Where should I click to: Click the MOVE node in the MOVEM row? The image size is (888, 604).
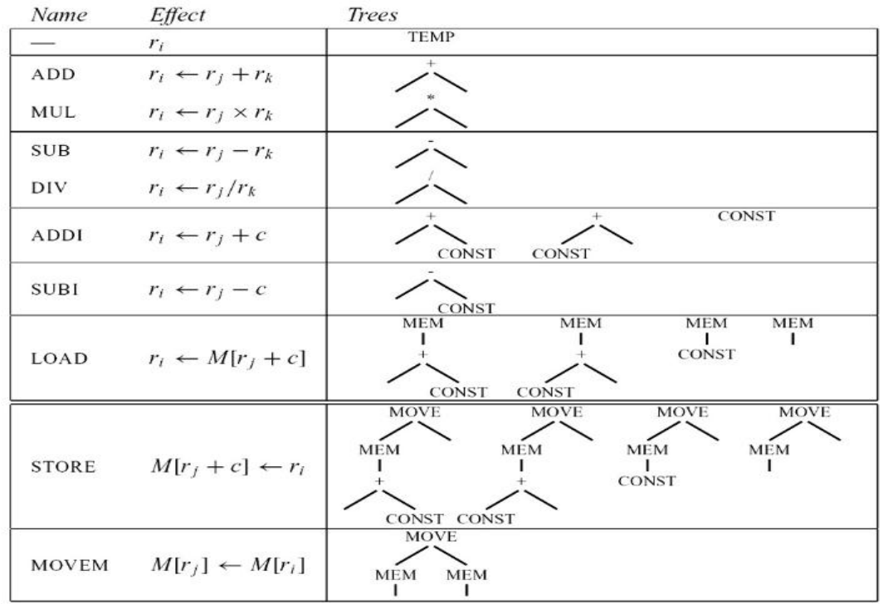[428, 538]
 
